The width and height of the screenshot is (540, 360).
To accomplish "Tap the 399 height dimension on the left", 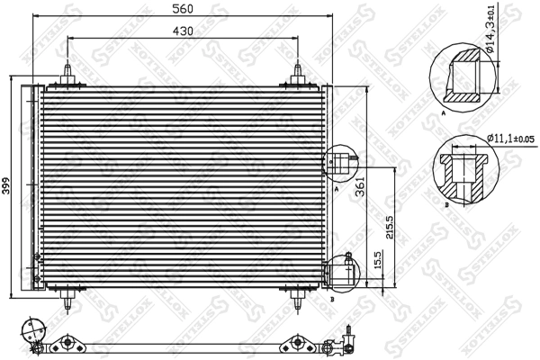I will [6, 187].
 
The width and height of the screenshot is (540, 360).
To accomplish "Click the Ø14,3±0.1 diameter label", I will [491, 39].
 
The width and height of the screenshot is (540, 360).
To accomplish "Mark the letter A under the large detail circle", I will [444, 116].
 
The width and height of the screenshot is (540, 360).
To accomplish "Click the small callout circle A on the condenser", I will [339, 163].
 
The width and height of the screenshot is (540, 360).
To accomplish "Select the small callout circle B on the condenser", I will [339, 270].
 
